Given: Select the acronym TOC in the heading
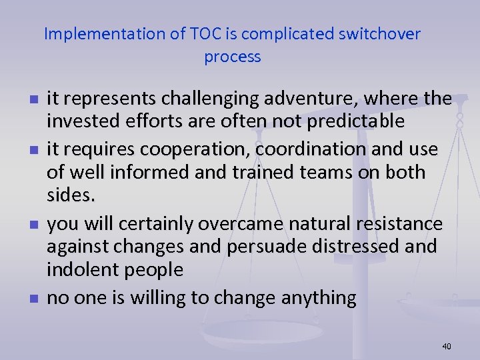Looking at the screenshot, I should coord(196,34).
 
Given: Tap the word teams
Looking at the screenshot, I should coord(316,172).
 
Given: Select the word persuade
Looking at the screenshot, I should coord(262,246).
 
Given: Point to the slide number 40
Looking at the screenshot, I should coord(446,346).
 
